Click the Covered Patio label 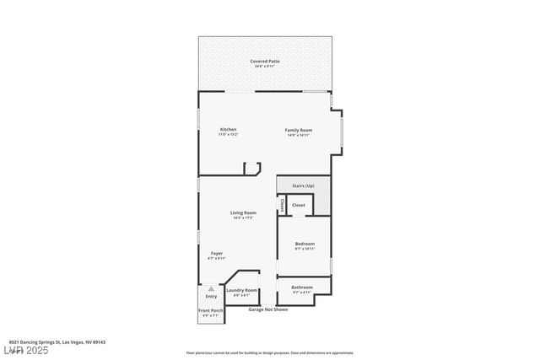pos(265,61)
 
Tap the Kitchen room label pos(228,129)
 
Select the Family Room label pos(298,129)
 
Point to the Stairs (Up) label pos(303,185)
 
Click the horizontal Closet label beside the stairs pos(299,205)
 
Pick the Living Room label pos(243,212)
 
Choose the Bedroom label pos(304,244)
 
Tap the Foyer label pos(217,253)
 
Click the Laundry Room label pos(241,290)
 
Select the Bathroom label pos(302,287)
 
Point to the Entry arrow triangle pos(211,287)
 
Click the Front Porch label pos(210,311)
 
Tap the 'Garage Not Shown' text pos(268,309)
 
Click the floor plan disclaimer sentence pos(269,352)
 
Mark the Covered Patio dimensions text pos(265,66)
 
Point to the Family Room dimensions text pos(298,134)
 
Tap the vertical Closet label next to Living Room pos(282,204)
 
